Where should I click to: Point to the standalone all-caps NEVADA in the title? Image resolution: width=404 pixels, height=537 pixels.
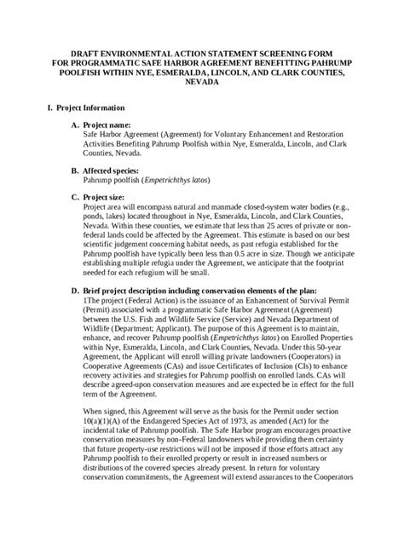point(201,84)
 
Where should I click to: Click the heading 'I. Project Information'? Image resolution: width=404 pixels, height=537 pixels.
point(78,108)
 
